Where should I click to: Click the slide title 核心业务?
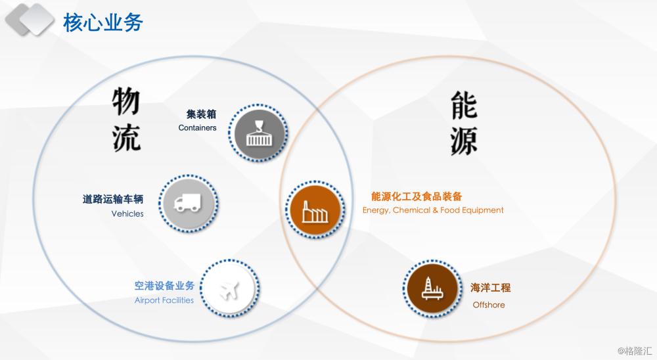pyautogui.click(x=103, y=22)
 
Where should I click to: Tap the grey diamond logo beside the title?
pyautogui.click(x=30, y=19)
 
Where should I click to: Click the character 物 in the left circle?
pyautogui.click(x=125, y=101)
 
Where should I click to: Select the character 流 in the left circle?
pyautogui.click(x=126, y=137)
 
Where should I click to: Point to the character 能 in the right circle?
pyautogui.click(x=464, y=106)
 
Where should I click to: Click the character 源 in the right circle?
pyautogui.click(x=464, y=141)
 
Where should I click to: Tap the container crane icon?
pyautogui.click(x=258, y=133)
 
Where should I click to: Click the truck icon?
pyautogui.click(x=187, y=203)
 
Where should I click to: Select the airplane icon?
pyautogui.click(x=229, y=289)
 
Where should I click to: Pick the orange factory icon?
pyautogui.click(x=315, y=210)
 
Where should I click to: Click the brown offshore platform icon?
pyautogui.click(x=432, y=288)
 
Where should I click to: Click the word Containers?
pyautogui.click(x=197, y=128)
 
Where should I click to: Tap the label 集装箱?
pyautogui.click(x=202, y=114)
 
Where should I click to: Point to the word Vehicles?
pyautogui.click(x=127, y=214)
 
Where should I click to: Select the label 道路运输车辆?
pyautogui.click(x=113, y=199)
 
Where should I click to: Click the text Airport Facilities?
pyautogui.click(x=164, y=300)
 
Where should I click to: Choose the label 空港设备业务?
pyautogui.click(x=164, y=286)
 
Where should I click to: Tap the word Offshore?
pyautogui.click(x=489, y=305)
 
